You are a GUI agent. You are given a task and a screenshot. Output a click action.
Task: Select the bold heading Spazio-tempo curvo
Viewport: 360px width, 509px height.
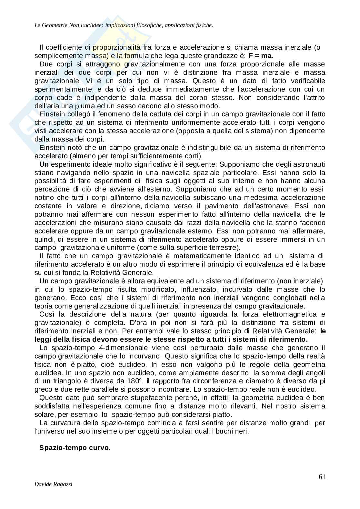pyautogui.click(x=75, y=448)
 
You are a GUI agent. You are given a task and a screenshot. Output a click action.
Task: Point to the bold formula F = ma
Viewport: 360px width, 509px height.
pyautogui.click(x=261, y=55)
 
